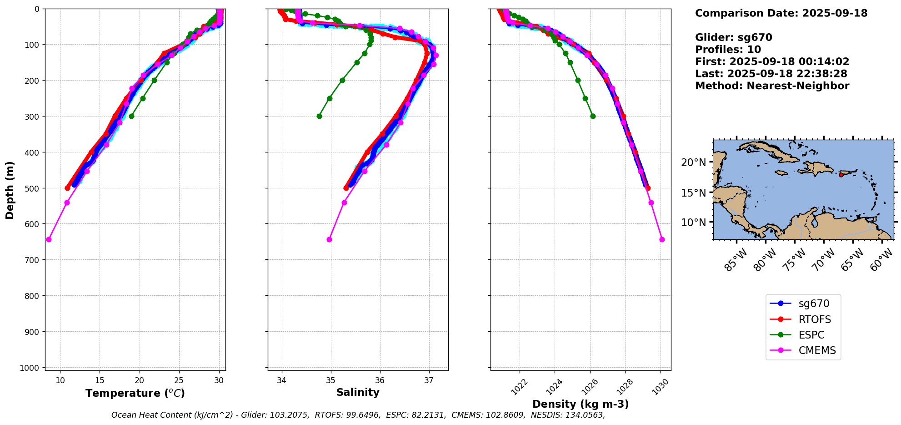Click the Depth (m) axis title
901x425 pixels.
point(10,190)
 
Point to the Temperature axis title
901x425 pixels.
point(135,393)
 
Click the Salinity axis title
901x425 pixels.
point(358,392)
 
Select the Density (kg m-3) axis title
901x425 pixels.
point(581,404)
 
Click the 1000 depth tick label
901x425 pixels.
point(30,368)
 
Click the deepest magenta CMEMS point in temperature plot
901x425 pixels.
point(49,239)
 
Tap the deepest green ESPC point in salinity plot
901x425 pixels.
point(319,116)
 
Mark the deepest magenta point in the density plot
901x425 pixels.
point(662,239)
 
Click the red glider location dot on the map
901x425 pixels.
point(841,175)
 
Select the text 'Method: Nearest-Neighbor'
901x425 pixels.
point(772,86)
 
